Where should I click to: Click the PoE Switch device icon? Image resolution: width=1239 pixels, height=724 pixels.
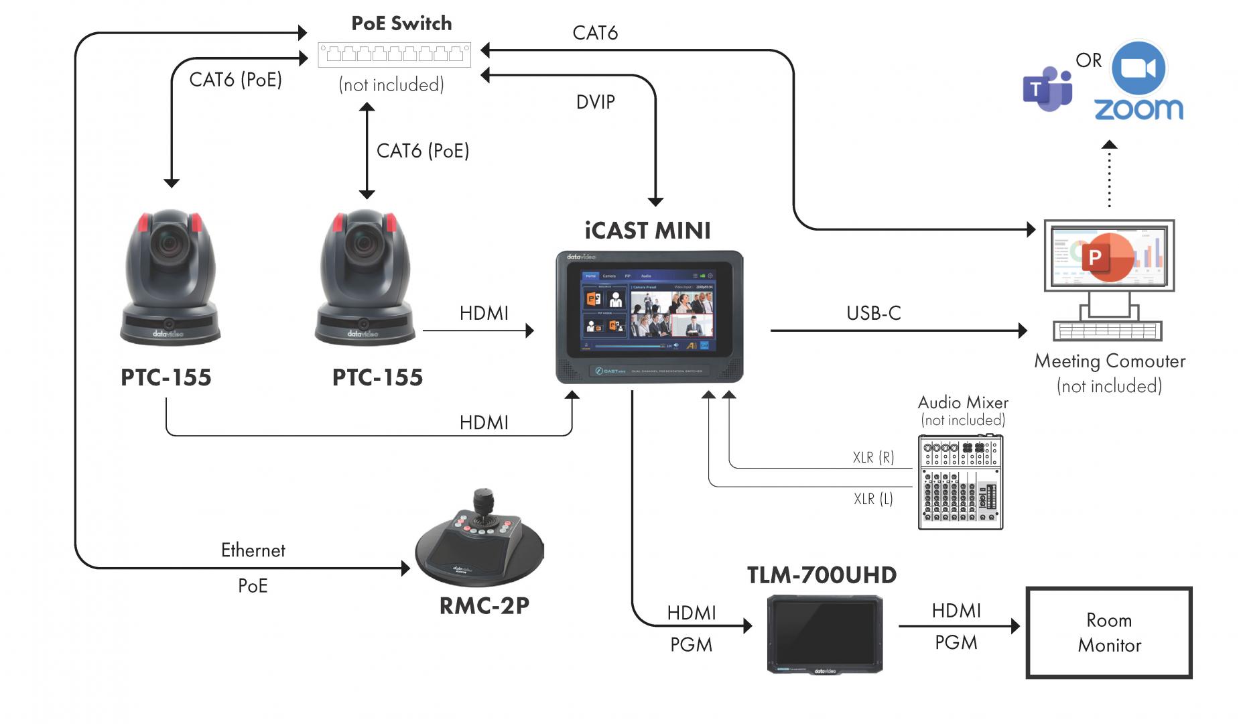(394, 54)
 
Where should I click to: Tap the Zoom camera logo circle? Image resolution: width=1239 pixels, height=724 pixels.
(1138, 68)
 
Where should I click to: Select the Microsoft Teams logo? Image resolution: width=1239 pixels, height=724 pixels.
(1047, 89)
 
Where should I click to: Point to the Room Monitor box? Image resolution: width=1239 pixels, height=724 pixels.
(1109, 633)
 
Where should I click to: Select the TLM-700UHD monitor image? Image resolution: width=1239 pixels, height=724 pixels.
(825, 634)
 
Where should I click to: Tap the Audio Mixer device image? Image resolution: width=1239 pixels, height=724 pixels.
(960, 482)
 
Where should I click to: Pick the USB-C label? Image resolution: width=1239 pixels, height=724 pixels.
(873, 313)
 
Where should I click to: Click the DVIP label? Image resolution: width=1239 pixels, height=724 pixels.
(595, 102)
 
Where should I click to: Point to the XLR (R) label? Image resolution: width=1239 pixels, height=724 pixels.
(873, 457)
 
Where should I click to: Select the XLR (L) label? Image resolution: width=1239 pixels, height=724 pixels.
(873, 499)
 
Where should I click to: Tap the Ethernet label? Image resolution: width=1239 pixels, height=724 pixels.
(253, 550)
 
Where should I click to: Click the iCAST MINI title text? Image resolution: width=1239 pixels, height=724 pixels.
(647, 231)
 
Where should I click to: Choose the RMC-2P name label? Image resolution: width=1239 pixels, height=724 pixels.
(484, 606)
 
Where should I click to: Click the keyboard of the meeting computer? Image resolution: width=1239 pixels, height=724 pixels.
(1107, 331)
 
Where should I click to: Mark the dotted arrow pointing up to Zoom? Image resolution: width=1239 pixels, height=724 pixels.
(1110, 176)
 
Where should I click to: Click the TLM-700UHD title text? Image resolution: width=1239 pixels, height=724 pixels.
(822, 575)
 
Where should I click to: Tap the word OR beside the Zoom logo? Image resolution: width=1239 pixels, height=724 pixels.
(1088, 60)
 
